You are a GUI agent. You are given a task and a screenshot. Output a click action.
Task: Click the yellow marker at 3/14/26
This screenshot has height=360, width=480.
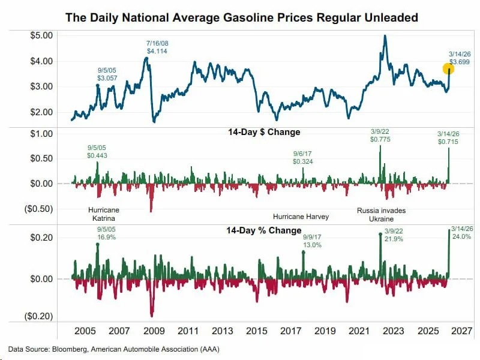tap(448, 69)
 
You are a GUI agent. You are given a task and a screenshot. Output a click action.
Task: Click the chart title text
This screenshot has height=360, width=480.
tap(241, 17)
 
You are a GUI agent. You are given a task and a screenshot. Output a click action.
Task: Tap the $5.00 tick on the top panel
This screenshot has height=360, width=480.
tap(41, 35)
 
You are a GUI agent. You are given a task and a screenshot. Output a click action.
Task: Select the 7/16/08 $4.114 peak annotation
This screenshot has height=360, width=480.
tap(157, 47)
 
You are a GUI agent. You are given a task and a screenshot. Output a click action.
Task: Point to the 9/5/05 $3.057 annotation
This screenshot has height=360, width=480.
tap(107, 74)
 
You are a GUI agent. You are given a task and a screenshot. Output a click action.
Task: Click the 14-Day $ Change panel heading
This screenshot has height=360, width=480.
tap(264, 132)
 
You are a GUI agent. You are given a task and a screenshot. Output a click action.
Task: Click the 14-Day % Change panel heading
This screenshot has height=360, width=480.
tap(263, 230)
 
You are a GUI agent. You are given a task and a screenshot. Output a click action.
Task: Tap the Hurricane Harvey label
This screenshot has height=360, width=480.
tap(301, 217)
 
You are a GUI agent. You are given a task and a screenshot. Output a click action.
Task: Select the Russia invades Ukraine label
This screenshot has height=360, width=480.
tap(381, 215)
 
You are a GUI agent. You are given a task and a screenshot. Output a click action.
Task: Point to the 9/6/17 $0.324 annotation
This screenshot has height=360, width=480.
tap(302, 158)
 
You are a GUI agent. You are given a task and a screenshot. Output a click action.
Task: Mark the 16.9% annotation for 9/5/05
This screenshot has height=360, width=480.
tap(106, 233)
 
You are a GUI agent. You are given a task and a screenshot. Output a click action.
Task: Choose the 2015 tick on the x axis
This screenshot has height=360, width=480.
tap(257, 331)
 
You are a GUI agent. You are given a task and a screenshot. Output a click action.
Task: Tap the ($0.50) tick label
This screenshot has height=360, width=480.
tap(40, 209)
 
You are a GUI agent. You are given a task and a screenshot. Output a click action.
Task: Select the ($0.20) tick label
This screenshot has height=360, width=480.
tap(40, 316)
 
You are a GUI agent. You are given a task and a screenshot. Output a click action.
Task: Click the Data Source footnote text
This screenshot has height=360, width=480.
tap(113, 349)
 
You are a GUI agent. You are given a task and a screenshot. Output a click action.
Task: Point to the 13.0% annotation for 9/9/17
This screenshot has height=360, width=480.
tap(312, 241)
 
